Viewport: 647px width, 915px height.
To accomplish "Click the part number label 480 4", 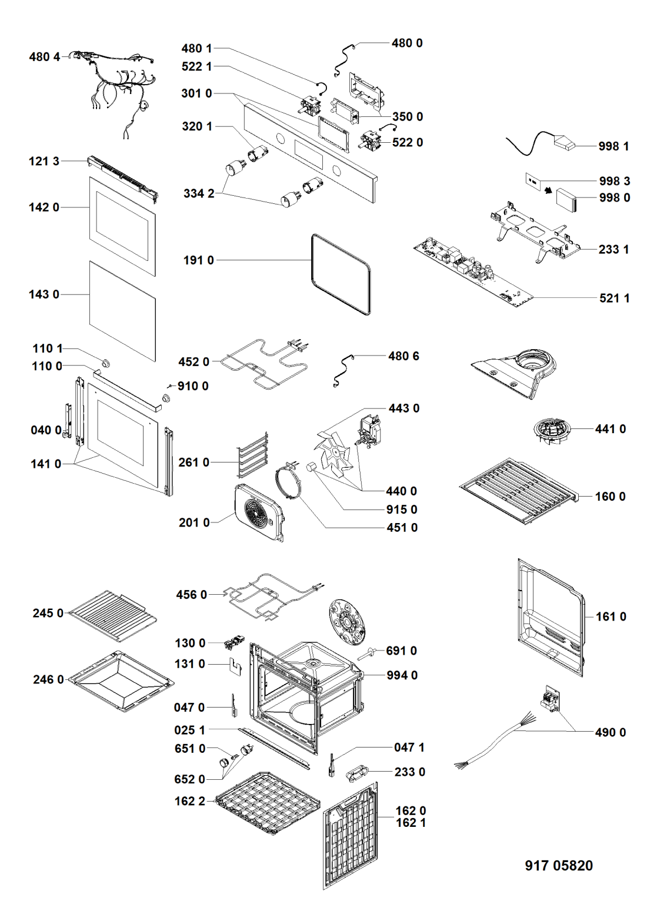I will coord(44,57).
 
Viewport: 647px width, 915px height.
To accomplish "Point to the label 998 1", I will coord(613,146).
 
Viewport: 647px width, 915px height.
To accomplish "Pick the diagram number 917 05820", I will coord(558,866).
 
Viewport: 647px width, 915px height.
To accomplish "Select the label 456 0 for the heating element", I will coord(191,595).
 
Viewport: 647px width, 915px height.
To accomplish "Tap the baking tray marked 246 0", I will coord(121,681).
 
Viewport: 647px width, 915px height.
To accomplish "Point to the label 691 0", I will coord(401,651).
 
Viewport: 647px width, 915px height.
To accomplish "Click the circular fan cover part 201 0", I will coord(259,511).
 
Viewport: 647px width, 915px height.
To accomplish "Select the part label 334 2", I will coord(198,193).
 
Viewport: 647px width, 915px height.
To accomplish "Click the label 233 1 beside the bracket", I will coord(613,249).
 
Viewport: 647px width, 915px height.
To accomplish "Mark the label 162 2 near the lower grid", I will coord(189,801).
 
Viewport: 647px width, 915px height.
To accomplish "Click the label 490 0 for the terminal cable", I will coord(611,732).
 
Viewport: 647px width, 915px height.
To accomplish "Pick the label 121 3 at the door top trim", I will coord(44,161).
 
